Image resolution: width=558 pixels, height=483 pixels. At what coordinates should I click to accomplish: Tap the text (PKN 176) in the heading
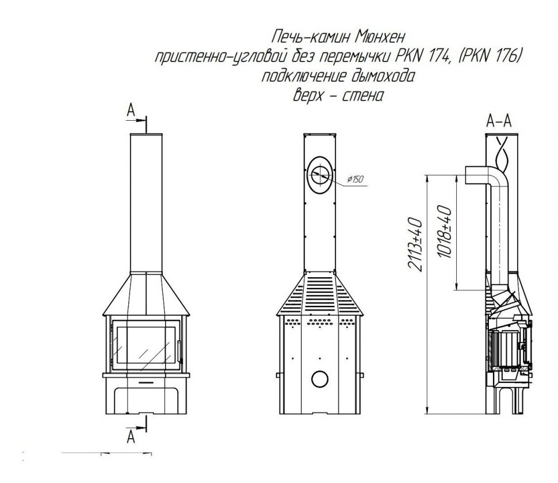489,56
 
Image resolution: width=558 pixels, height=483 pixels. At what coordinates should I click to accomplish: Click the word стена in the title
362,95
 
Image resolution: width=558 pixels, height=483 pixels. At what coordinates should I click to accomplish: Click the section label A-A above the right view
499,121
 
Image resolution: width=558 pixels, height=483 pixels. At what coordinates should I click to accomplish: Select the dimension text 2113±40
416,244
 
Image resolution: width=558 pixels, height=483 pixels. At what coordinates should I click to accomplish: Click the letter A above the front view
131,110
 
